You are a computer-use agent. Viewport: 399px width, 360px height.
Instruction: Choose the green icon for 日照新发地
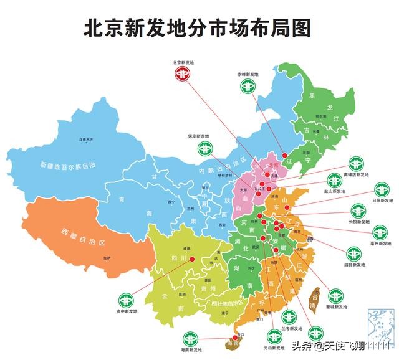(382, 189)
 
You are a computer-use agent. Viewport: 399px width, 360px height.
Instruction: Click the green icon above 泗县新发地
(353, 253)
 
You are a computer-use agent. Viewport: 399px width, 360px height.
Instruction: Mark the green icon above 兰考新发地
(289, 316)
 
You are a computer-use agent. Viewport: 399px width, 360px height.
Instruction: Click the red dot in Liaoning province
(284, 154)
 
